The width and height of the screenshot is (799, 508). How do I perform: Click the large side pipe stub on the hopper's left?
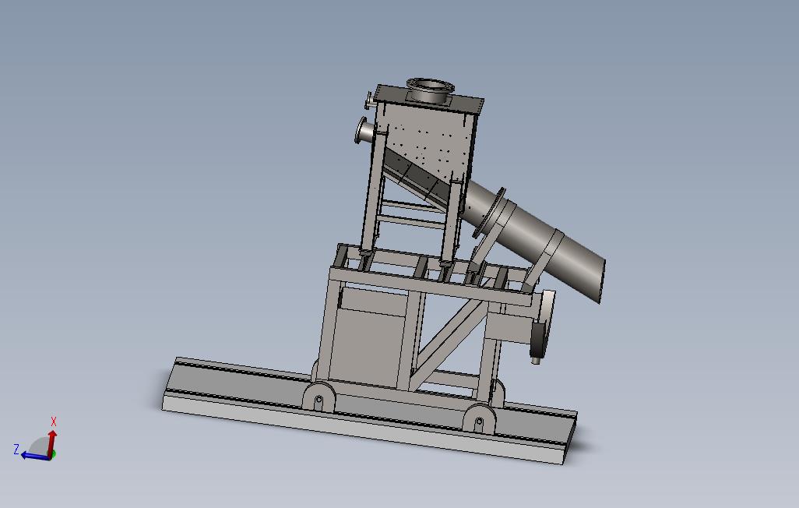pyautogui.click(x=364, y=131)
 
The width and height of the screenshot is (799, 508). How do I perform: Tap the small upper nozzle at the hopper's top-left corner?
pyautogui.click(x=368, y=100)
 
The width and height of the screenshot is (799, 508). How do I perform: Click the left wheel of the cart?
pyautogui.click(x=319, y=400)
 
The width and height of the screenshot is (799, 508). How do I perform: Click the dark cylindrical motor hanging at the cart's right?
pyautogui.click(x=537, y=343)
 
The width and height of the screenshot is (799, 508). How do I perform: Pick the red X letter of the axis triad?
pyautogui.click(x=54, y=422)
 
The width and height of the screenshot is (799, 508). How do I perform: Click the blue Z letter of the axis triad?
pyautogui.click(x=16, y=449)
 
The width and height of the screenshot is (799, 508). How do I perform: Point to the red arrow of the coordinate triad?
pyautogui.click(x=52, y=439)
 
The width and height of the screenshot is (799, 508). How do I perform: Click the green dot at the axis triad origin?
pyautogui.click(x=50, y=454)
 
